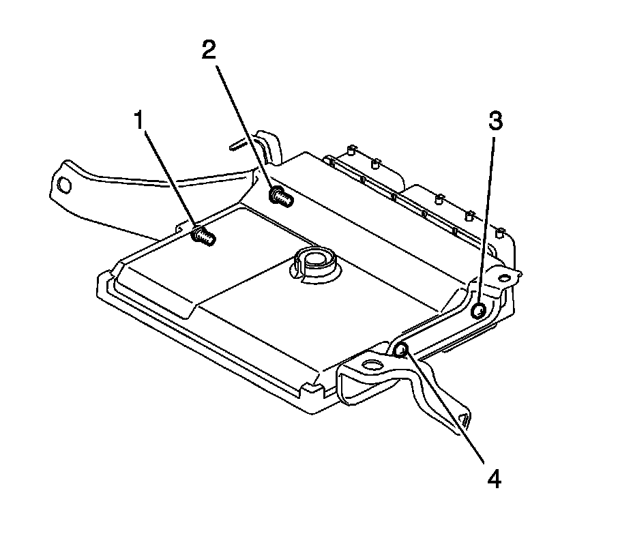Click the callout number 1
click(x=139, y=120)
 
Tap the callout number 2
click(x=209, y=50)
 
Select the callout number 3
click(x=496, y=121)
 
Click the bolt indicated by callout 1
click(x=204, y=235)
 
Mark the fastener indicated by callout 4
click(x=400, y=350)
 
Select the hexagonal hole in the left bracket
click(x=65, y=185)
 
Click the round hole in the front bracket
click(x=372, y=365)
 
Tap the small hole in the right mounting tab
click(x=503, y=277)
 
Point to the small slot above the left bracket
click(x=237, y=145)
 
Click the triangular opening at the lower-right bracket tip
click(x=465, y=419)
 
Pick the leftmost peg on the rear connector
click(x=351, y=150)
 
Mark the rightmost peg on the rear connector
click(x=500, y=232)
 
